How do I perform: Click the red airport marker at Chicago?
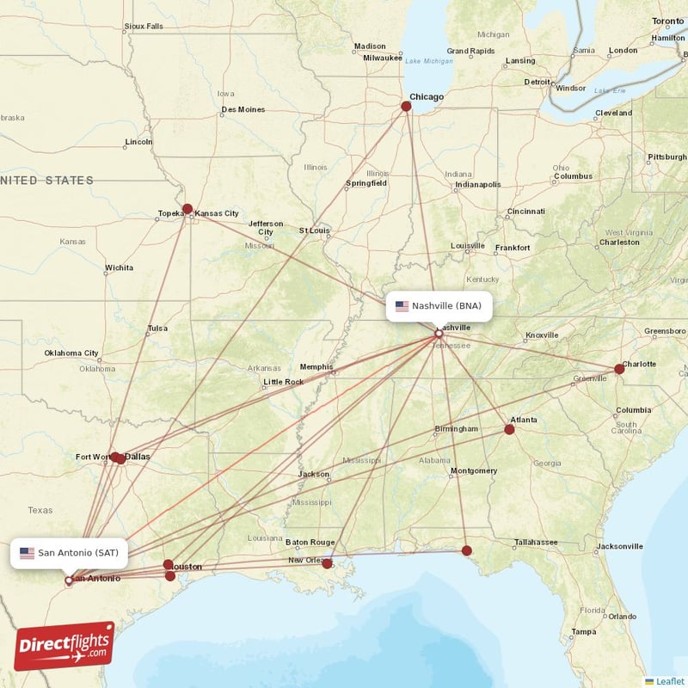point(407,107)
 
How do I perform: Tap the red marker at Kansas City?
point(187,209)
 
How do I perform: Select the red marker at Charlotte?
point(619,369)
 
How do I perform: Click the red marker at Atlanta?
point(509,429)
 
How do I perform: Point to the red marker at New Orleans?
point(327,564)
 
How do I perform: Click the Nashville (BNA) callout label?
point(439,306)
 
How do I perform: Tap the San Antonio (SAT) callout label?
point(70,553)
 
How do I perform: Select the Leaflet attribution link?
point(669,681)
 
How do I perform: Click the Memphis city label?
point(316,367)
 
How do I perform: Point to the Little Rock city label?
point(283,382)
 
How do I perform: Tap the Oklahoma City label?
point(71,353)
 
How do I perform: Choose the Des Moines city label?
point(243,110)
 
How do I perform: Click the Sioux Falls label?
point(143,27)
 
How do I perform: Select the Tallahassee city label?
point(535,543)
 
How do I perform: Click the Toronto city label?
point(667,21)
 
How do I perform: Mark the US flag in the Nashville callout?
point(402,306)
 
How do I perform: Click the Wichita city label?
point(119,268)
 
